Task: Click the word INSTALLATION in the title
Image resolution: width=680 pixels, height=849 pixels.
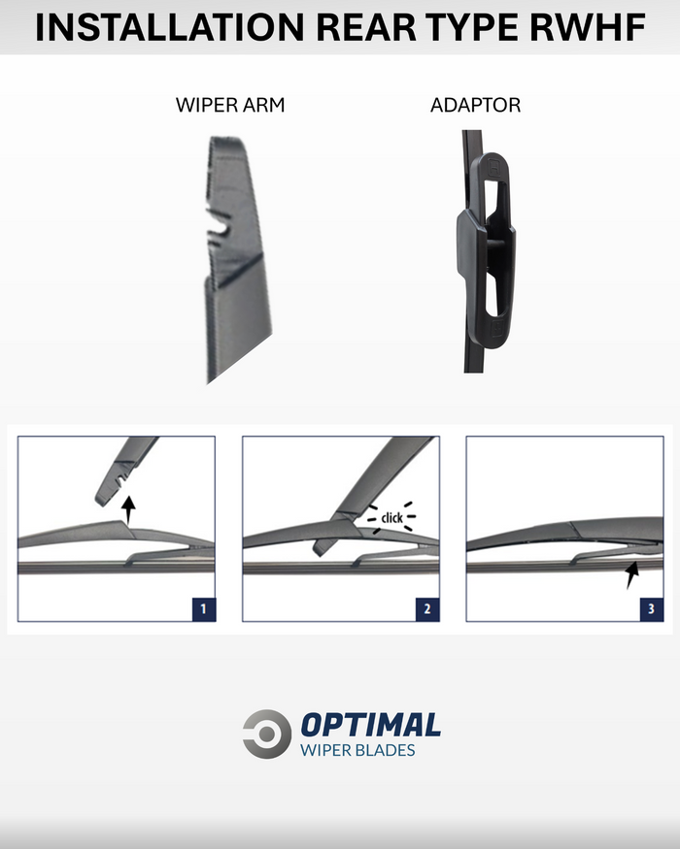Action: click(169, 27)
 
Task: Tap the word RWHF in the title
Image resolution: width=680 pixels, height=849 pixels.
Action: click(588, 27)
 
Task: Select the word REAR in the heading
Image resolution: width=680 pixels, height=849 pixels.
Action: click(365, 27)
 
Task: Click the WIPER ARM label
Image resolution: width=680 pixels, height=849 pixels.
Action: click(230, 105)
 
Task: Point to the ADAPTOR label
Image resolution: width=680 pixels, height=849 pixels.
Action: click(475, 105)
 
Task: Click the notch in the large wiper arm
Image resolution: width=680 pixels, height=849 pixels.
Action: click(220, 228)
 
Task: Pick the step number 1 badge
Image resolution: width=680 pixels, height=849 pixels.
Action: click(204, 609)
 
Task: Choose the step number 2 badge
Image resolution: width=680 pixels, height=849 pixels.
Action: click(427, 609)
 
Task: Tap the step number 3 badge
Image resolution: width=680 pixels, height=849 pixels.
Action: click(651, 609)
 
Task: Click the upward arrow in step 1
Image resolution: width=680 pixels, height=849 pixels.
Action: click(128, 509)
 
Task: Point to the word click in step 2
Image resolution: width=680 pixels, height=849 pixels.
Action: click(391, 517)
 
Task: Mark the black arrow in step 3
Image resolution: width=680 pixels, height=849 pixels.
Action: click(632, 575)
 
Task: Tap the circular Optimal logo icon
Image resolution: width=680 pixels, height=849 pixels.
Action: click(267, 734)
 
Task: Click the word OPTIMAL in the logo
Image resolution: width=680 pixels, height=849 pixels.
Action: click(371, 725)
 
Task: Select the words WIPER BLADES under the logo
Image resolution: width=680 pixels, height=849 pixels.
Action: click(357, 750)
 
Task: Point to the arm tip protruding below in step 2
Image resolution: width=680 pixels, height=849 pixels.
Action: click(321, 547)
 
